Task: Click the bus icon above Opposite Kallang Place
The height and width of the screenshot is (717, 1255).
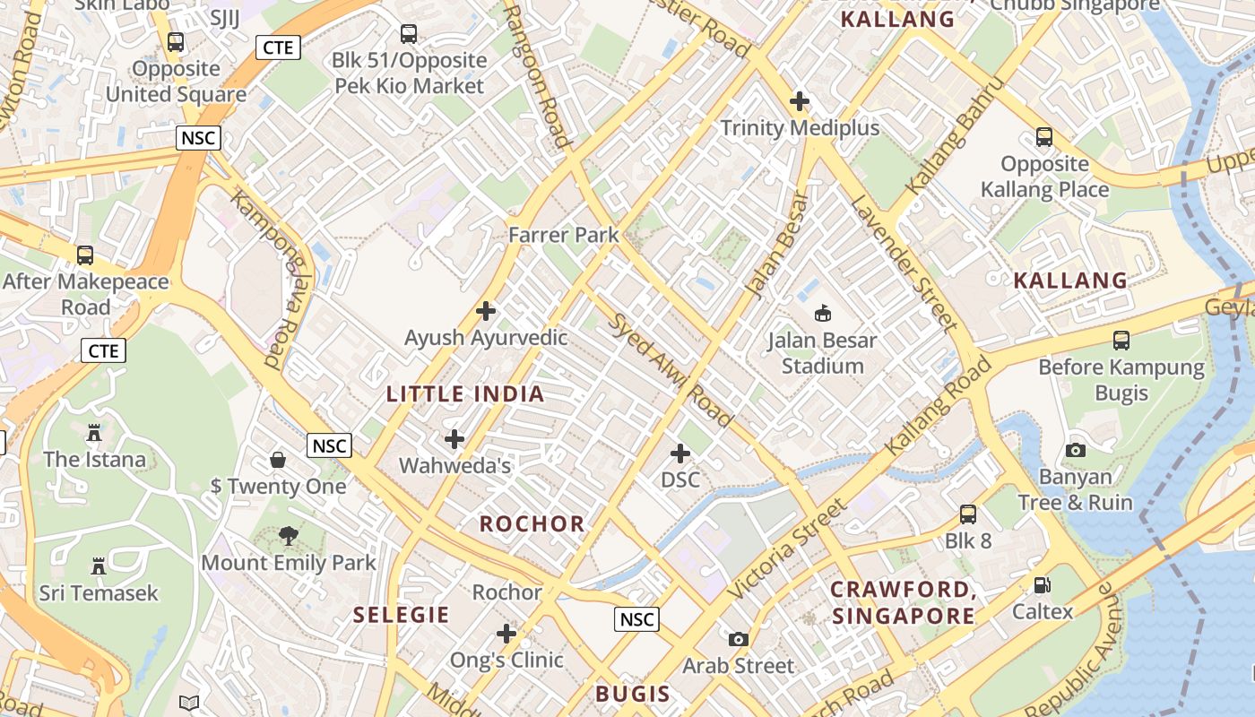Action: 1044,137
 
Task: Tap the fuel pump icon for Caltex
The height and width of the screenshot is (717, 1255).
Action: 1042,585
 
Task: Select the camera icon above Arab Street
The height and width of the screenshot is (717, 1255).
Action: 738,639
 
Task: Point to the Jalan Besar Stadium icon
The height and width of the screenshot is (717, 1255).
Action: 822,313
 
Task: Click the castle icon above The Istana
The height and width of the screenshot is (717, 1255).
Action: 94,433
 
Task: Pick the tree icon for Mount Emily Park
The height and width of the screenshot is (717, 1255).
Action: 288,536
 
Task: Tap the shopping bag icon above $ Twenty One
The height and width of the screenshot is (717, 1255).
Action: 278,460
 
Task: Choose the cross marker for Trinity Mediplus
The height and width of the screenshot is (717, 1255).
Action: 800,101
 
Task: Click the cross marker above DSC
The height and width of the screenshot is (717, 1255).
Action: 680,454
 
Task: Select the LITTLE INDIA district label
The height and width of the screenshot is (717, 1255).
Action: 465,393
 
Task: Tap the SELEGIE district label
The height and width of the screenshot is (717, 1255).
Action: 401,615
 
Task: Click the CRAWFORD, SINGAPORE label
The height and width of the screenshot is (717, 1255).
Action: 903,602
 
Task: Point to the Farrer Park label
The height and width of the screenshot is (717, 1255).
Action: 563,235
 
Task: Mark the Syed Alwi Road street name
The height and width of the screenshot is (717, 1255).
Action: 671,369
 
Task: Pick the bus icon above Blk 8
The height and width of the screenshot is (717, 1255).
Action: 968,514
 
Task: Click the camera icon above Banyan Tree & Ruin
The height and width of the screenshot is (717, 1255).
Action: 1076,450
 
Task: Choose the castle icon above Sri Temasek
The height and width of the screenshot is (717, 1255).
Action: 99,566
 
